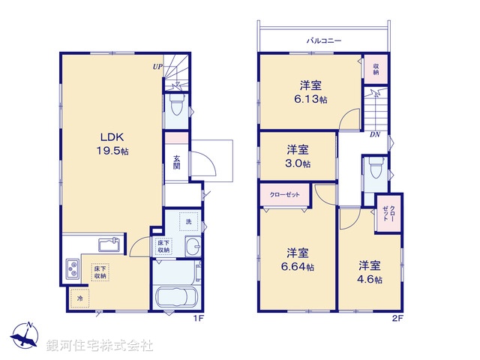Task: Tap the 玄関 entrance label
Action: click(176, 162)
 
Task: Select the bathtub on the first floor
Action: click(175, 298)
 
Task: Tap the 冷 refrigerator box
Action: click(79, 298)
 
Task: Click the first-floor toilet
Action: click(176, 108)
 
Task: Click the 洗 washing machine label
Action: click(188, 222)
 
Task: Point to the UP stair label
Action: click(157, 67)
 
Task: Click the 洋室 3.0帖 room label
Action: click(297, 155)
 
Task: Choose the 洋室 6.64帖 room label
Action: click(299, 259)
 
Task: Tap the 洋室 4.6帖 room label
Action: click(369, 271)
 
